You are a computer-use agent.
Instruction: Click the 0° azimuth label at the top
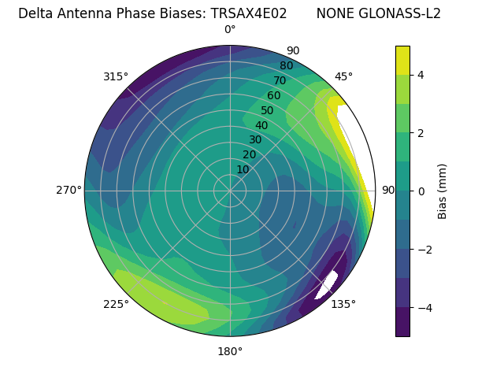coord(230,30)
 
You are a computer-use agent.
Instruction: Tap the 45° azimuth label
coord(343,76)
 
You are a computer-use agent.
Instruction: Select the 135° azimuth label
coord(343,304)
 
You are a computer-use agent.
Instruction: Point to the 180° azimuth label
coord(230,351)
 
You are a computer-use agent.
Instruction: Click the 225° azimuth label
coord(116,305)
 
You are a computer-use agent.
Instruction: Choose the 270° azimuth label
coord(69,191)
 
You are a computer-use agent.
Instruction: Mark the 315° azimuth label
coord(116,76)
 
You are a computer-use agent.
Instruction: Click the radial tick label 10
coord(243,169)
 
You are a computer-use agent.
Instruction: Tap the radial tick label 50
coord(268,111)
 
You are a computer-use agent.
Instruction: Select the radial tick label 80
coord(287,66)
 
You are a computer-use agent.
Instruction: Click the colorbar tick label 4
coord(421,75)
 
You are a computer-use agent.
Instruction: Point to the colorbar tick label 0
coord(421,191)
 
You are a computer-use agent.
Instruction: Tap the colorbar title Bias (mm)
coord(443,191)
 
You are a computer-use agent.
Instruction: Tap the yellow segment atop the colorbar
coord(403,60)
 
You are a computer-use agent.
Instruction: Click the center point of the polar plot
coord(230,191)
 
